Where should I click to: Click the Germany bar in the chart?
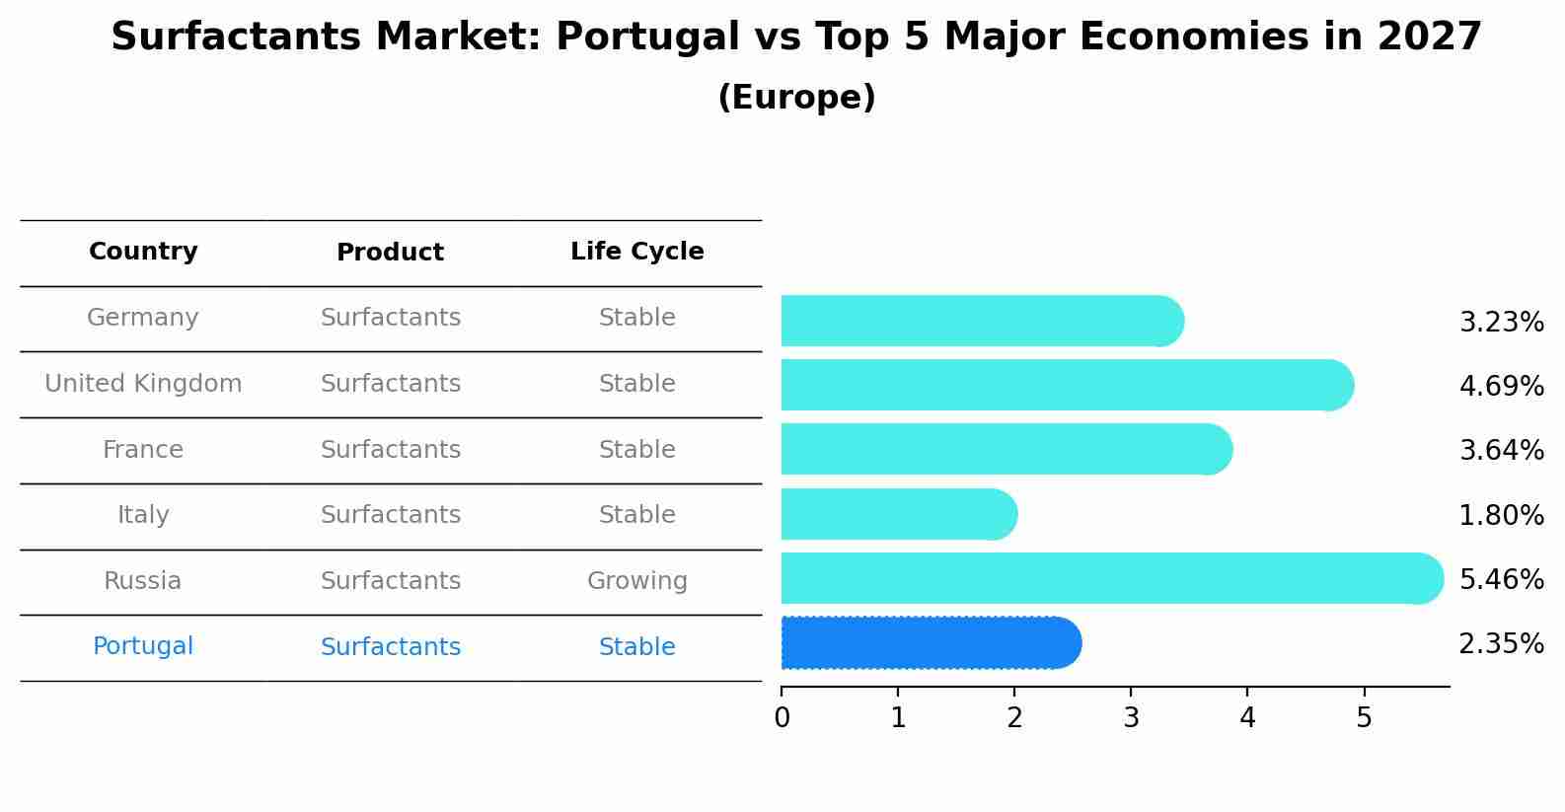click(982, 321)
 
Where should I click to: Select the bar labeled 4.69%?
click(1066, 385)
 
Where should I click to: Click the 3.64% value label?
click(1501, 451)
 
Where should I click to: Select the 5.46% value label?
click(1501, 579)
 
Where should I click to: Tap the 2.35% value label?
click(1501, 644)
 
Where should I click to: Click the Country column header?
click(143, 252)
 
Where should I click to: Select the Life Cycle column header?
click(637, 252)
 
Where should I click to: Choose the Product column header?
click(390, 253)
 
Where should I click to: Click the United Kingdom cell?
click(143, 384)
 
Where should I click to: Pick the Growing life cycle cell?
click(637, 581)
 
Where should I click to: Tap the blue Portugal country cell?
click(143, 646)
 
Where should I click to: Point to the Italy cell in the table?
click(143, 515)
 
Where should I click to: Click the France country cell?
click(143, 450)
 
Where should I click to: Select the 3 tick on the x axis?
click(1131, 718)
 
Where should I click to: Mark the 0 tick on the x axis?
click(782, 718)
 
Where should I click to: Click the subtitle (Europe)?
click(796, 98)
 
